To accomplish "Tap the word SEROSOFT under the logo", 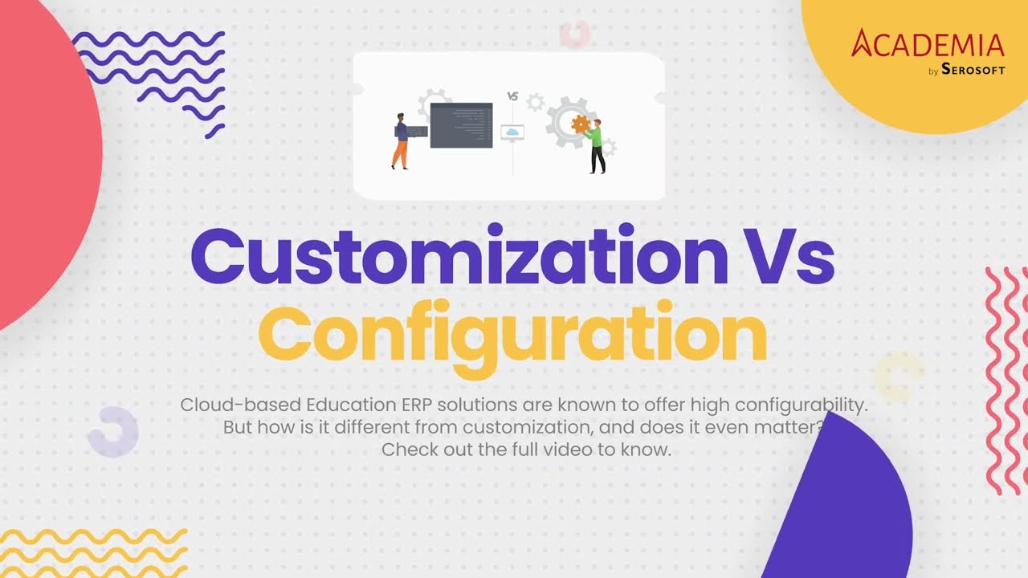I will (x=973, y=71).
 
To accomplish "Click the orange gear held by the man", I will (x=581, y=124).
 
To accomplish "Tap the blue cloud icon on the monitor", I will (x=512, y=131).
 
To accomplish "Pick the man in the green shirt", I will (x=596, y=144).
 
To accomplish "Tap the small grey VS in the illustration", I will (x=512, y=96).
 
